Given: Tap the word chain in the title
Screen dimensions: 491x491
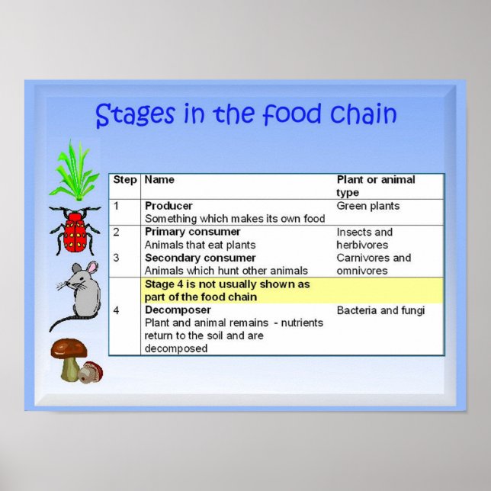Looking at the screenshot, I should click(x=364, y=114).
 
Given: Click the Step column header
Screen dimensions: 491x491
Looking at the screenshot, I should click(x=125, y=180).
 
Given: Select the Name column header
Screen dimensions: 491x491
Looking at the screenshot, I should click(x=159, y=180).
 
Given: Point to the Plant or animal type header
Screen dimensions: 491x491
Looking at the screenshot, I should click(x=376, y=186).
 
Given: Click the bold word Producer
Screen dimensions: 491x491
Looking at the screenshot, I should click(x=168, y=206).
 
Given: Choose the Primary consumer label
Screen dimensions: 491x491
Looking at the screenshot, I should click(x=192, y=232).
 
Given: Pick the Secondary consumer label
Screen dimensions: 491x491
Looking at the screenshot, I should click(x=200, y=258).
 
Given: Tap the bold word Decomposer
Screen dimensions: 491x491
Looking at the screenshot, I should click(x=176, y=310).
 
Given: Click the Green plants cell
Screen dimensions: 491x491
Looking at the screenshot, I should click(x=368, y=206).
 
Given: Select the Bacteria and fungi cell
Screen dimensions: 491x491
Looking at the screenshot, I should click(x=380, y=310).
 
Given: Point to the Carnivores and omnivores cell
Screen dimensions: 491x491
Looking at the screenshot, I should click(x=374, y=264).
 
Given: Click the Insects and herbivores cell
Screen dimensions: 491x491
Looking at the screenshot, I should click(x=364, y=238).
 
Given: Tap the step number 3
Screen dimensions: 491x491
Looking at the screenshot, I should click(x=117, y=258).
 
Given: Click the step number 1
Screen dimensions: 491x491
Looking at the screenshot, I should click(x=117, y=206).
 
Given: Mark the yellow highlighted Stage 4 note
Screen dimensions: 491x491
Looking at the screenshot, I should click(x=227, y=290).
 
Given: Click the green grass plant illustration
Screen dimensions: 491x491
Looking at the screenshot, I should click(x=74, y=172).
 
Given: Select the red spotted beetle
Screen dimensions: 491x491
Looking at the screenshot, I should click(x=75, y=230).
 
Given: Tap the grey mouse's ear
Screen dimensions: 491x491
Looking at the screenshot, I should click(x=91, y=268).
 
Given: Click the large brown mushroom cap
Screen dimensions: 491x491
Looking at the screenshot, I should click(x=69, y=349).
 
